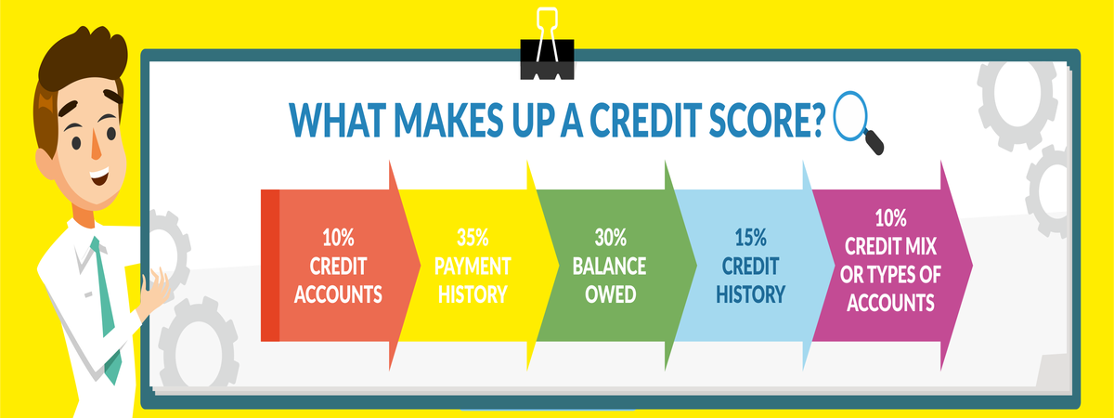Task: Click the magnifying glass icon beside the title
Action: click(x=856, y=121)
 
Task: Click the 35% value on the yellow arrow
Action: click(x=473, y=238)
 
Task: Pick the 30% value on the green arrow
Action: click(x=609, y=238)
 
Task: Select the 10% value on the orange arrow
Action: click(x=336, y=238)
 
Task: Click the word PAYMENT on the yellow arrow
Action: click(x=473, y=267)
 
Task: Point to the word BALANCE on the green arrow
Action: click(x=609, y=267)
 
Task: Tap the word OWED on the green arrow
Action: click(x=609, y=295)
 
